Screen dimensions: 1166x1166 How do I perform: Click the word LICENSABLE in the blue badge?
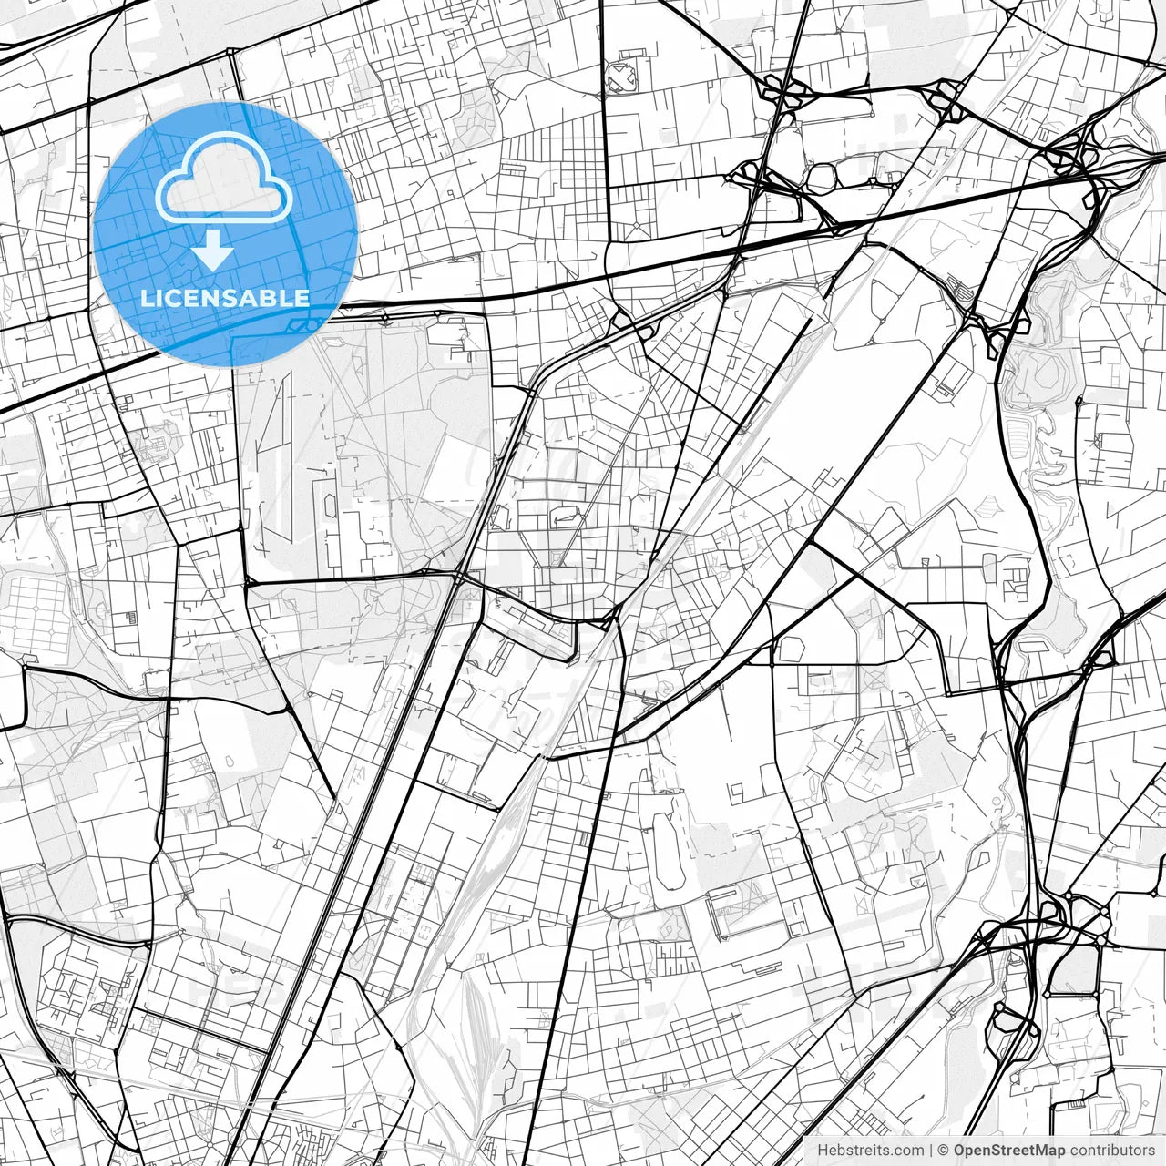tap(225, 298)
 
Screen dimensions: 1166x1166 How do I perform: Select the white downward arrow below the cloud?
tap(213, 250)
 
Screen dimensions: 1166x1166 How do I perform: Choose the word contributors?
tap(1111, 1151)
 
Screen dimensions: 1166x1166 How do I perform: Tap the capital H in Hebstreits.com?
tap(823, 1151)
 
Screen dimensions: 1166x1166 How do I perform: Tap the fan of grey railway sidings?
tap(474, 1020)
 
